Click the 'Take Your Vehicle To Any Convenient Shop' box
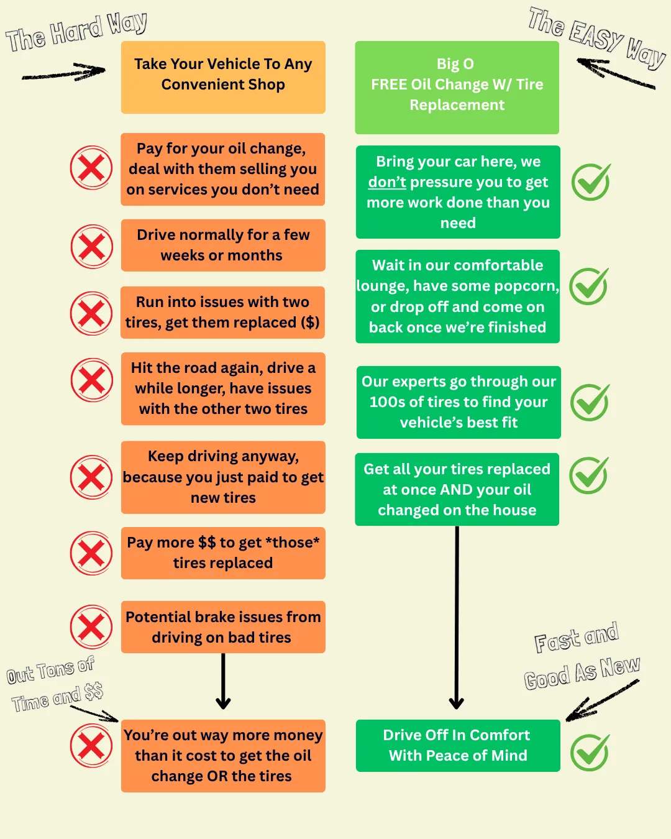pos(223,77)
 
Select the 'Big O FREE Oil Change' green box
pos(457,87)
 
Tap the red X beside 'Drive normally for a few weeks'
pos(91,247)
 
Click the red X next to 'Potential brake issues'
pos(91,627)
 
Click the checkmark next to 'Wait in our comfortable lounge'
pos(589,287)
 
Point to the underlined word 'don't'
pos(386,182)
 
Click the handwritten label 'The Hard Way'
pos(76,32)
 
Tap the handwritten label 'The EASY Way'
pos(596,37)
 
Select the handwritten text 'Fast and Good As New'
pos(580,656)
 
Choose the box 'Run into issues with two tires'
pos(223,312)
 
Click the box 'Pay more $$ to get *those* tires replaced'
pos(223,552)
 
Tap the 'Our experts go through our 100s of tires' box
pos(459,402)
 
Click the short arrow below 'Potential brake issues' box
pos(223,681)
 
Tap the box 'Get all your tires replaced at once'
pos(457,489)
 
